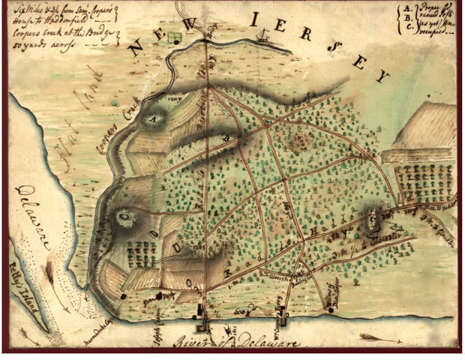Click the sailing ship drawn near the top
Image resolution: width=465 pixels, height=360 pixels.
[262, 34]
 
